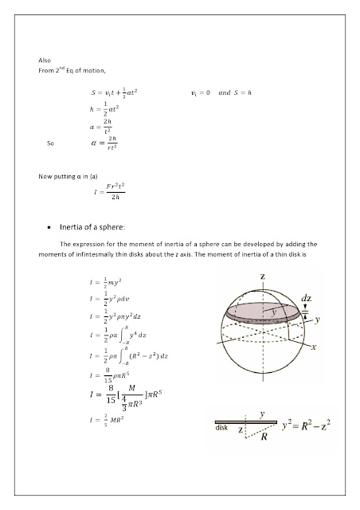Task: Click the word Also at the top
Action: pos(45,61)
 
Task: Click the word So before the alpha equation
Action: pos(53,144)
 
